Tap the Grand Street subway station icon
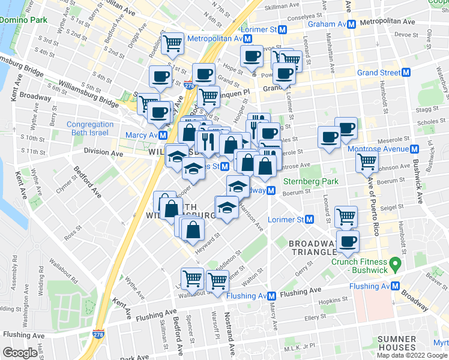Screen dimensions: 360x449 [406, 73]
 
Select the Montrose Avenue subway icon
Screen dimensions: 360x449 [414, 149]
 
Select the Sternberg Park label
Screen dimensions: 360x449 [313, 181]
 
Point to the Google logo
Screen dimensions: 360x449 [20, 353]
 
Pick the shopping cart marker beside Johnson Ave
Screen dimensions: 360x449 [367, 161]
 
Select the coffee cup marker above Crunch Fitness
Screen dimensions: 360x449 [348, 241]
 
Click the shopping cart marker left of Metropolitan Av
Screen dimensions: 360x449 [172, 42]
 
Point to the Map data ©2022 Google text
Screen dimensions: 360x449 [412, 355]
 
